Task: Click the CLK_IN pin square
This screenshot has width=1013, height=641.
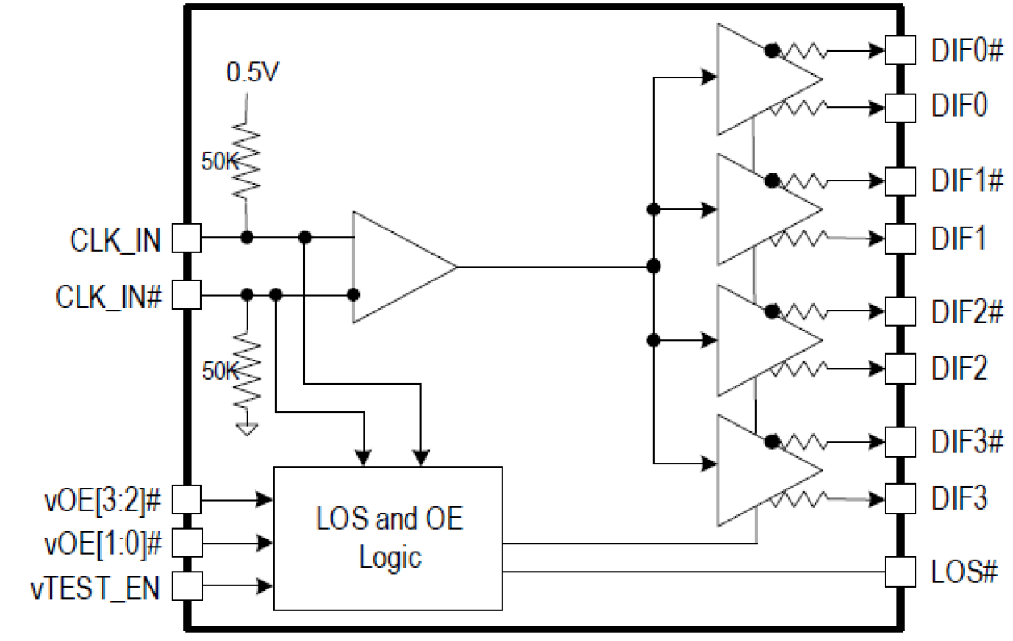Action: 187,238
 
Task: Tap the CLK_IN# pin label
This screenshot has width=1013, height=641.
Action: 109,296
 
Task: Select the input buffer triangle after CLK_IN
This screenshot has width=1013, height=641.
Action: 395,267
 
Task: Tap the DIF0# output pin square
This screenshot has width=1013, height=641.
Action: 899,51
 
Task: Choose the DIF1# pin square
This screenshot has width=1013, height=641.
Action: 899,180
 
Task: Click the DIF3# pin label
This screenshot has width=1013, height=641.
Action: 968,442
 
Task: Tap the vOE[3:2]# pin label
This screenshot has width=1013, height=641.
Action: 103,499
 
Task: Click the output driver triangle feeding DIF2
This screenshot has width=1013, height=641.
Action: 758,340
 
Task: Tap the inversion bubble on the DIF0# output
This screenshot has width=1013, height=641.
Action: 772,51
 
